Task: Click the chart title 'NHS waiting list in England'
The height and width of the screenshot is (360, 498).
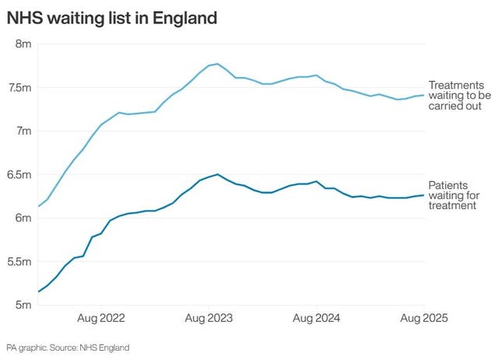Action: [x=112, y=16]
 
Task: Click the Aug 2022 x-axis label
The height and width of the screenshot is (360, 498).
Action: [x=102, y=318]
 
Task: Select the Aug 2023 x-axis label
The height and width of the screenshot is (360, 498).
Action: [x=209, y=318]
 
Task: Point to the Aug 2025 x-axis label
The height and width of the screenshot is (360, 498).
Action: [x=424, y=318]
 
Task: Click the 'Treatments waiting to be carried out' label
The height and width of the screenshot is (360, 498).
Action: [x=461, y=95]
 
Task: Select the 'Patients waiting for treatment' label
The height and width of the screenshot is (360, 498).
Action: [x=454, y=195]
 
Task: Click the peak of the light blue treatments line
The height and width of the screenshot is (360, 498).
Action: [x=217, y=64]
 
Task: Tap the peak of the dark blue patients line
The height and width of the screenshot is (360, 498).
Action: [x=217, y=174]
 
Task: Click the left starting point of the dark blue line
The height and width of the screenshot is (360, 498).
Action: [x=38, y=292]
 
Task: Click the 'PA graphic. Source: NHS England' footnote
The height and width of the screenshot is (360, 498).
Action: [x=68, y=347]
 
